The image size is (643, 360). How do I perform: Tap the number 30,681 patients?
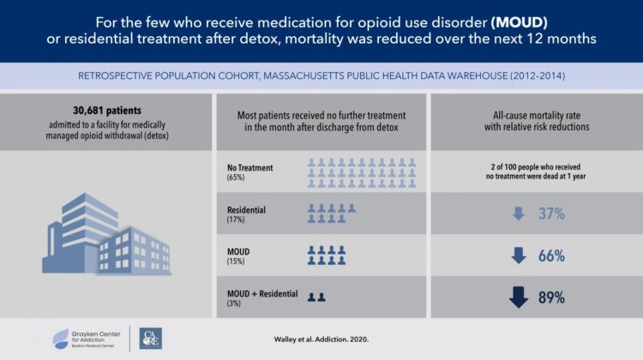(107, 110)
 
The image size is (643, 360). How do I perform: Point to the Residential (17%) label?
(246, 213)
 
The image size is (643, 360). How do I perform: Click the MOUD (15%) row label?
(241, 255)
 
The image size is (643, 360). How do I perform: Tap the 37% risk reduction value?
(550, 213)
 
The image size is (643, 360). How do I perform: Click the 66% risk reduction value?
(550, 255)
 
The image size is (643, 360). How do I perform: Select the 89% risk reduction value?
(550, 297)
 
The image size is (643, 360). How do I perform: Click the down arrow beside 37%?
(518, 213)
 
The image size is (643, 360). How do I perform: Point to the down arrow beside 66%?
(518, 255)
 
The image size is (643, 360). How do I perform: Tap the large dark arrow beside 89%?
(518, 297)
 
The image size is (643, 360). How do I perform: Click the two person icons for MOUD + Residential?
(316, 297)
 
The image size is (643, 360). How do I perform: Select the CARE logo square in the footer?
(150, 339)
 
